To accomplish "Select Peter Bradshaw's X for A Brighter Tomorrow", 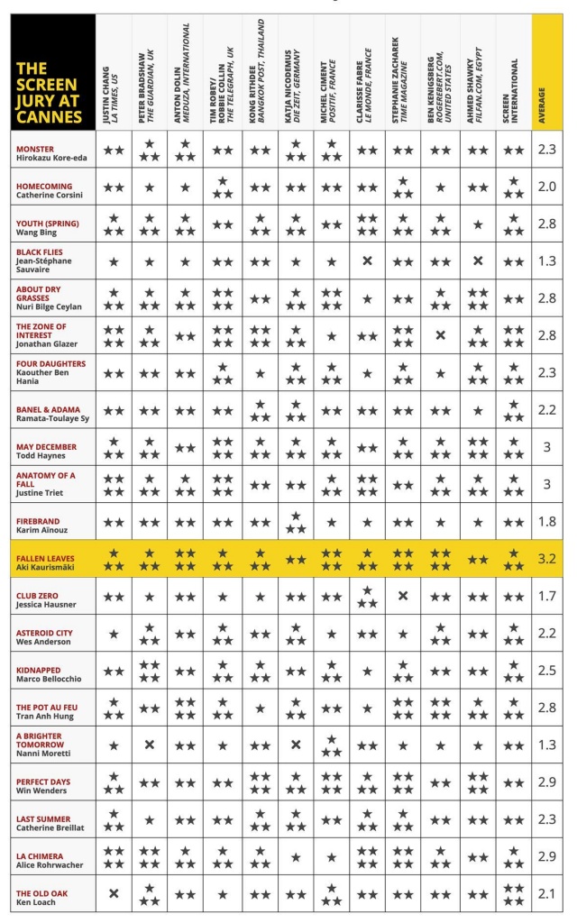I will [x=150, y=745].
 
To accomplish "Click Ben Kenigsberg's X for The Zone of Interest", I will [x=440, y=335].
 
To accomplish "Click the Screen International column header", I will [x=512, y=72].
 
